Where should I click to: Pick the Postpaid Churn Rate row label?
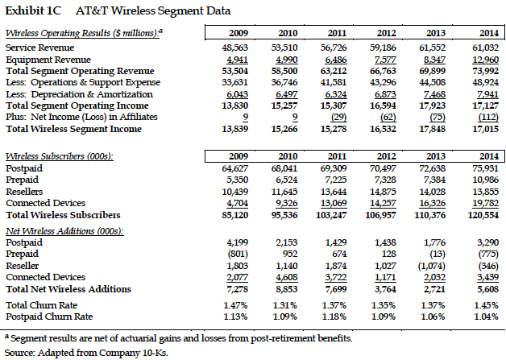50,317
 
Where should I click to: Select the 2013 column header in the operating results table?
434,33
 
